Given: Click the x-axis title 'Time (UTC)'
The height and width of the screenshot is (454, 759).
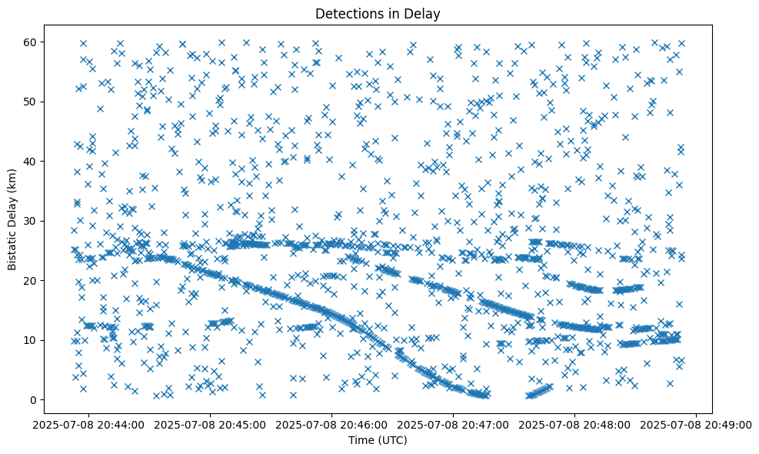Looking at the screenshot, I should tap(378, 441).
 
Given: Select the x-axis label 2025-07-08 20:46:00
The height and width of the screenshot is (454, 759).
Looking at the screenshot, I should tap(332, 424).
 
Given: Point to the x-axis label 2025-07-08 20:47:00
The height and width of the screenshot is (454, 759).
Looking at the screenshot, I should tap(454, 424).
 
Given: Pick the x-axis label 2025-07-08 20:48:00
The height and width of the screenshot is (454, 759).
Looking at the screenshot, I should tap(575, 424).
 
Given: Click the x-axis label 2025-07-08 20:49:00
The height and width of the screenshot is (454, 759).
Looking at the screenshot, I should tap(697, 424).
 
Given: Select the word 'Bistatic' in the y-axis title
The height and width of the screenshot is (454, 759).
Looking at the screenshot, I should tap(12, 246).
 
